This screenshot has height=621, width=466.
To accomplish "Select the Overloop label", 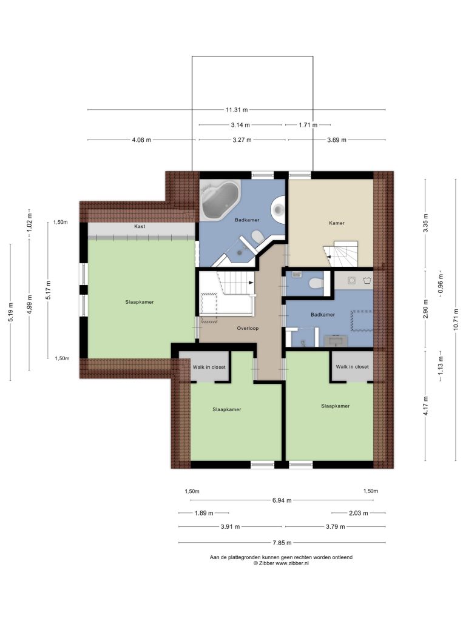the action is [248, 328].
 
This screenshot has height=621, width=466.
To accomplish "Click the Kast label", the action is [140, 227].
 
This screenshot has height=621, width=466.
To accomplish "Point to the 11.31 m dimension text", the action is [237, 110].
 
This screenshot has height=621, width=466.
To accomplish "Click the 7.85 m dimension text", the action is [282, 543].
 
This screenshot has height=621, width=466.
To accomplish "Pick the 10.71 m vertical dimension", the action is [456, 319].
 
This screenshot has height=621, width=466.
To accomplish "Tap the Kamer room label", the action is [337, 223].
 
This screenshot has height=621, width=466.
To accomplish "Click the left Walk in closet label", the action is [209, 367].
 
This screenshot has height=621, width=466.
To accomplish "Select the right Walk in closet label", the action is [353, 367].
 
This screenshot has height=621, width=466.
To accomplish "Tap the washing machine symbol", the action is [366, 280].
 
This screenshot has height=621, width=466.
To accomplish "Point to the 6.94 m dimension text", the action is [282, 500].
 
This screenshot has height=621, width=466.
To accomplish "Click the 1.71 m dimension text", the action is [308, 125].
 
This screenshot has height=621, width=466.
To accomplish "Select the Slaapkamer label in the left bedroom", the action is [140, 302].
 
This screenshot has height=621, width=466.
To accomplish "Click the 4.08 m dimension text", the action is [141, 140].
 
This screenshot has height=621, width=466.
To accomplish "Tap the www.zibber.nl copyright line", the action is [281, 563].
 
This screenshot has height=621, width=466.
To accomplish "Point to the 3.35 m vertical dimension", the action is [425, 223].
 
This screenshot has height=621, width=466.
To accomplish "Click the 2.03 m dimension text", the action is [358, 513].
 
